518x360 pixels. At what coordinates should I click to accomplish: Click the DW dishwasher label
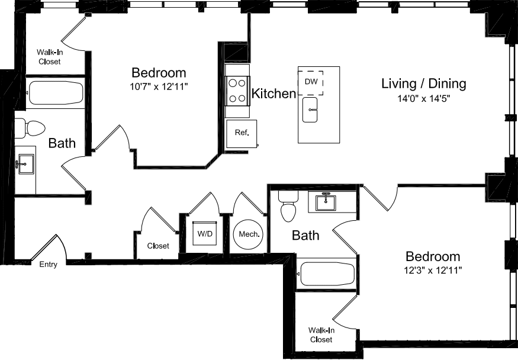tap(311, 81)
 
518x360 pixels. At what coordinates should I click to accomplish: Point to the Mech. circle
tap(249, 234)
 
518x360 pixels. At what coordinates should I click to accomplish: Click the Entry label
tap(49, 265)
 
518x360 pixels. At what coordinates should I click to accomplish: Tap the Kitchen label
tap(274, 94)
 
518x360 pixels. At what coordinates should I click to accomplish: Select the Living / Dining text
tap(423, 83)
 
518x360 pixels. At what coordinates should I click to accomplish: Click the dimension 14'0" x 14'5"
tap(423, 99)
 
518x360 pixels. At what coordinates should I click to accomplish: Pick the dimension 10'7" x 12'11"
tap(159, 86)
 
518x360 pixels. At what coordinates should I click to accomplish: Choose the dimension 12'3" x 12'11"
tap(432, 271)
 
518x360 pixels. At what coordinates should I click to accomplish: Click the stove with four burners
tap(237, 91)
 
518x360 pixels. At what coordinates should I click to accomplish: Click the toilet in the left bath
tap(30, 128)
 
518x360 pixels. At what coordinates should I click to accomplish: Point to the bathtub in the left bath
tap(55, 92)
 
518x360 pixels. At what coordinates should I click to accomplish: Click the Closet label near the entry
tap(158, 246)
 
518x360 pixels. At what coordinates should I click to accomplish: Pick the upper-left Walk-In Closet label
tap(50, 56)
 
